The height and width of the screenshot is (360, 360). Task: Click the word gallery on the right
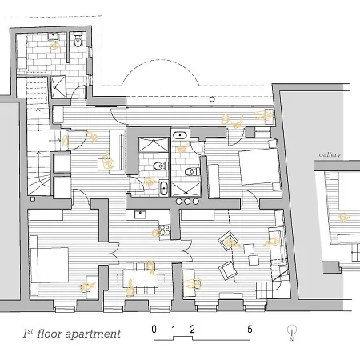pos(330,155)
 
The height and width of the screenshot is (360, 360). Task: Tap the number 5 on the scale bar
pos(250,330)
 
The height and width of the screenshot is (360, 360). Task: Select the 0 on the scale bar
pos(154,330)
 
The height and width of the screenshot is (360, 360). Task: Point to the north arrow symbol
pos(292,333)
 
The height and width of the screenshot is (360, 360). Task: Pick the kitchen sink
pos(140,214)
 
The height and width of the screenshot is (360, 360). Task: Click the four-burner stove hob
pos(165,230)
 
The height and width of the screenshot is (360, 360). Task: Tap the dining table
pos(140,278)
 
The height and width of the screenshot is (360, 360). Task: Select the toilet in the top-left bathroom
pos(78,40)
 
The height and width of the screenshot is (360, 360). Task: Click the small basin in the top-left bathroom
pos(54,36)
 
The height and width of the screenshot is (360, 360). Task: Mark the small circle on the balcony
pos(212,99)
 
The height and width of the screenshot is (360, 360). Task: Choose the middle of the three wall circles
pos(187,202)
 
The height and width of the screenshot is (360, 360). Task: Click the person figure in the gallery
pos(343,218)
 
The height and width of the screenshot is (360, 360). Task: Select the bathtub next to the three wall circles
pos(164,188)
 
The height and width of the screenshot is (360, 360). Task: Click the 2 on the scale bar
pos(192,330)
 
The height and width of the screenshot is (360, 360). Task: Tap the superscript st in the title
pos(30,331)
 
